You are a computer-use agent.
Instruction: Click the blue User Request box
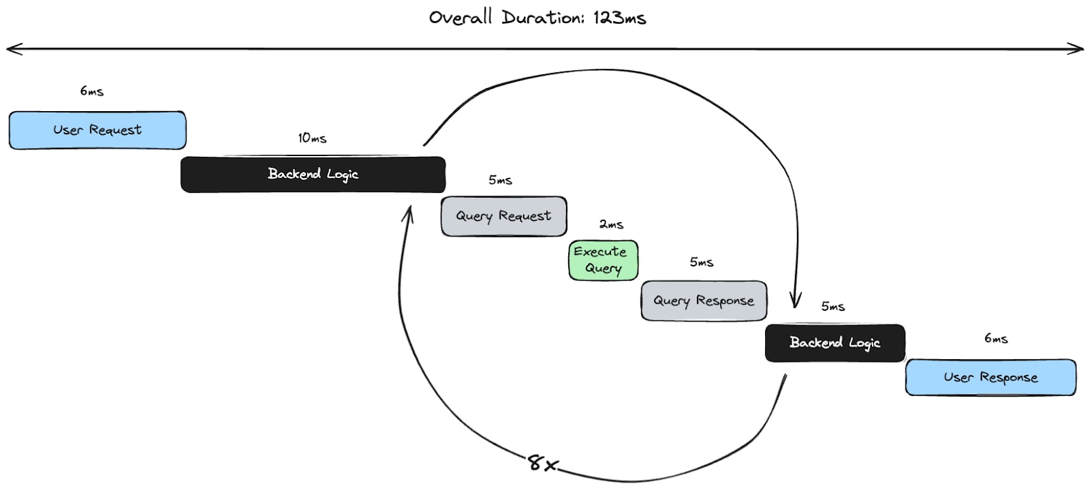[97, 130]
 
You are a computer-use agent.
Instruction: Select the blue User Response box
[991, 378]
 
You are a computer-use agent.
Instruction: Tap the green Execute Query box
[603, 260]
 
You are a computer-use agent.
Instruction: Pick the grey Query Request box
[503, 216]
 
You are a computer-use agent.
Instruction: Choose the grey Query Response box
[704, 301]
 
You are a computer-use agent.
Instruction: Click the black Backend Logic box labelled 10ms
[313, 174]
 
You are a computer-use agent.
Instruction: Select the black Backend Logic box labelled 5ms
[835, 343]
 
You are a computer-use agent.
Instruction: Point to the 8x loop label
[543, 464]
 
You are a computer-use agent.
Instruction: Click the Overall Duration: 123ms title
[537, 18]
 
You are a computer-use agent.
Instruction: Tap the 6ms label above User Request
[92, 91]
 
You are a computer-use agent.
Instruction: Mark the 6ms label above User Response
[996, 339]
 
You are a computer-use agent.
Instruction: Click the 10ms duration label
[312, 138]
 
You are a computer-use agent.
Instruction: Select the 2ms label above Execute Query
[611, 224]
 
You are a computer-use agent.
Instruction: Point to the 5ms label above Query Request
[500, 181]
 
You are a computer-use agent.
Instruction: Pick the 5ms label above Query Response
[701, 262]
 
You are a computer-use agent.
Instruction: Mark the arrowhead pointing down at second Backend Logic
[795, 302]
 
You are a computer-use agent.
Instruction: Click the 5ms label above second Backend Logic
[832, 307]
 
